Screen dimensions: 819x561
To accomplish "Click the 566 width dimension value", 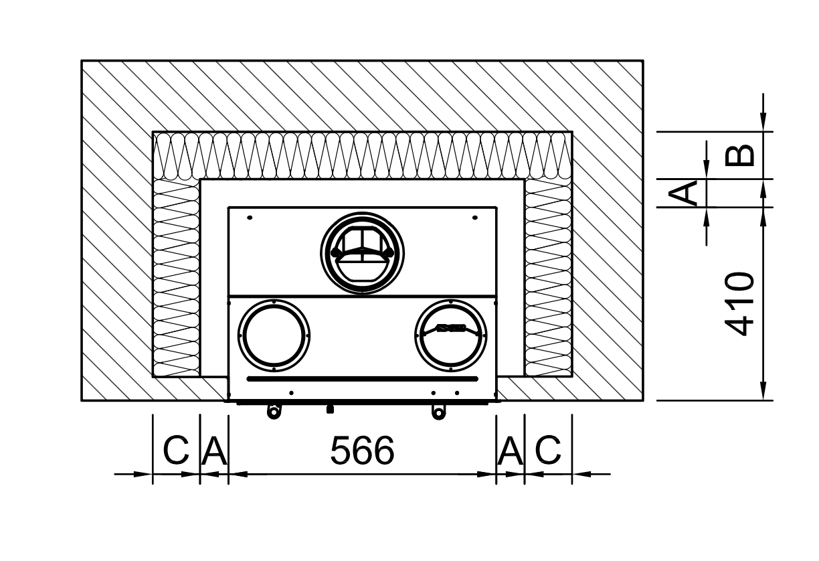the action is [363, 450].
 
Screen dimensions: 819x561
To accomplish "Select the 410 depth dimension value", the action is [739, 303].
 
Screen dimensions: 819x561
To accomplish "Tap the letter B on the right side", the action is [739, 155].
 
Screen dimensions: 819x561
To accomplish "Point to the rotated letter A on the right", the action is [682, 193].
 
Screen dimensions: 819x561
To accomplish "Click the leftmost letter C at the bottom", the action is [176, 450].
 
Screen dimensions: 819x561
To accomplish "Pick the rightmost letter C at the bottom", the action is [548, 450].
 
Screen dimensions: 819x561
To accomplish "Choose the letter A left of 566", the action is [214, 450].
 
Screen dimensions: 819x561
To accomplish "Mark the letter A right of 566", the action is [510, 450].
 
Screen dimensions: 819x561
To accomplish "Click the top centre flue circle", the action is [363, 214].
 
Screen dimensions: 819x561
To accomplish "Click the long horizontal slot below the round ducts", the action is [363, 379].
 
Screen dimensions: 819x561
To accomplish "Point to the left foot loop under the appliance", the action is [274, 412].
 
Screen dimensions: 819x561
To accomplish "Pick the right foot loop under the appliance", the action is [438, 412].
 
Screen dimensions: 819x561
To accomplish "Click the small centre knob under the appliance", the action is [330, 409].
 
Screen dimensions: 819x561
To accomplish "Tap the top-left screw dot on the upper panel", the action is [250, 218].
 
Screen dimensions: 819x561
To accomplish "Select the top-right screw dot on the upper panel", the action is [475, 218].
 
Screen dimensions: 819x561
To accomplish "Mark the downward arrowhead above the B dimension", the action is [763, 120].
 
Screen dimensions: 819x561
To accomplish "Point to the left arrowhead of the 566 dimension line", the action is [238, 475].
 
